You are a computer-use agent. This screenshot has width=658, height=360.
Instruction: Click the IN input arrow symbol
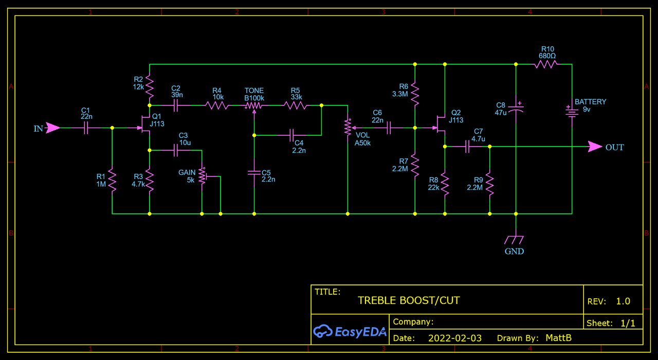click(x=52, y=128)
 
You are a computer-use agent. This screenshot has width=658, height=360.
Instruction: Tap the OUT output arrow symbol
click(x=595, y=147)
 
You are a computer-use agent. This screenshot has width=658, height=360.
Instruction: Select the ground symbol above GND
click(x=514, y=240)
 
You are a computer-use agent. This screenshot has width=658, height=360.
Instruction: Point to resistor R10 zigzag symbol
click(x=545, y=64)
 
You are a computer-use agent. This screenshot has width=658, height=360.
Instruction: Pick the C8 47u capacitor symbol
click(x=516, y=107)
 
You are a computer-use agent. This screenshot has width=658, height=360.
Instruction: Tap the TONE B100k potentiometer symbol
click(x=254, y=105)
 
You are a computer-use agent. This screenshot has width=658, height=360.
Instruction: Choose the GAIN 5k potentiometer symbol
click(x=202, y=176)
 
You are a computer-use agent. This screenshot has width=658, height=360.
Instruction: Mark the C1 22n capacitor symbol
click(x=86, y=128)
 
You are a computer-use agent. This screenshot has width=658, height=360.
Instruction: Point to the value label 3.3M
click(x=400, y=94)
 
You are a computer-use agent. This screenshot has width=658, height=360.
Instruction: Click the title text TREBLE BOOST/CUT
click(x=409, y=300)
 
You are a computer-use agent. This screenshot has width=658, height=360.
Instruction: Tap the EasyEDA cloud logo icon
click(x=322, y=332)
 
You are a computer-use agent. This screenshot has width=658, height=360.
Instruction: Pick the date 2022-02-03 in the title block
click(x=454, y=338)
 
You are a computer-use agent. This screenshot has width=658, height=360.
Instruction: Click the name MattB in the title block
click(x=558, y=338)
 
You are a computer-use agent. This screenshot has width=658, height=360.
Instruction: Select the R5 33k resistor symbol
click(x=296, y=105)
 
